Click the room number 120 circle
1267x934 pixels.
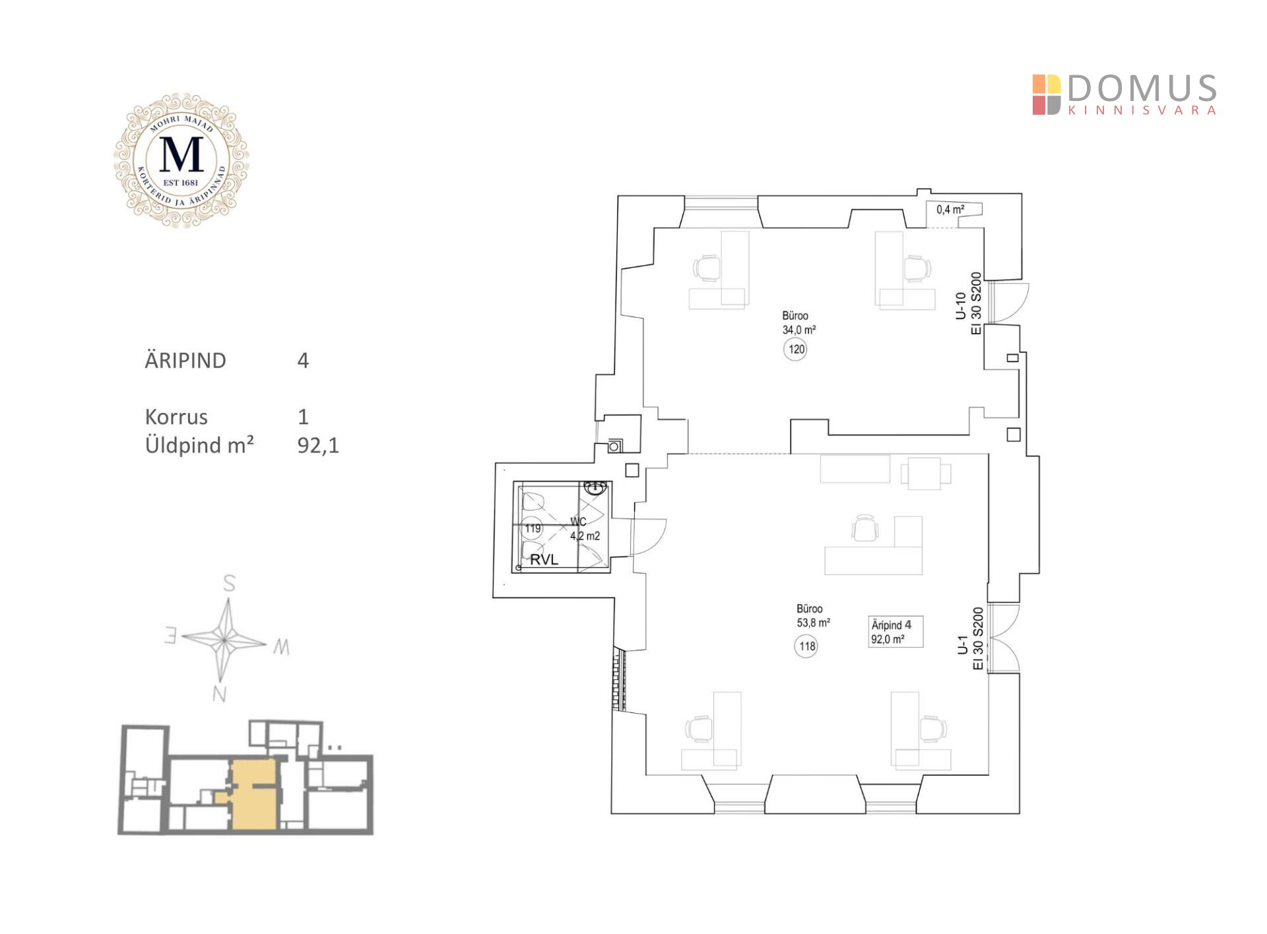796,349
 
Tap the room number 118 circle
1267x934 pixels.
806,646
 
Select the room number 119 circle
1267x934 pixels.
533,528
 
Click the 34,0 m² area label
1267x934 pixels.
799,330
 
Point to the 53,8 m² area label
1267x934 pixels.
813,623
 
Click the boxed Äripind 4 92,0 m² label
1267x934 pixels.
895,632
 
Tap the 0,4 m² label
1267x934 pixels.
950,210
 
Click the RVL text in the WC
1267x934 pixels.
544,559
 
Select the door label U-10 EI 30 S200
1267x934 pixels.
969,304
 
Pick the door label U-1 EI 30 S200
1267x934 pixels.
970,638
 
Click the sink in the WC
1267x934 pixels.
595,488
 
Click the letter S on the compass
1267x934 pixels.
229,583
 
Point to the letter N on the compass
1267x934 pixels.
220,694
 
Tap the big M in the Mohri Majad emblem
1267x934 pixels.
181,155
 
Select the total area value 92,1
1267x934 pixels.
318,446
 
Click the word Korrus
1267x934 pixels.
176,417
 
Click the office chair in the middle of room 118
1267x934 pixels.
865,528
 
